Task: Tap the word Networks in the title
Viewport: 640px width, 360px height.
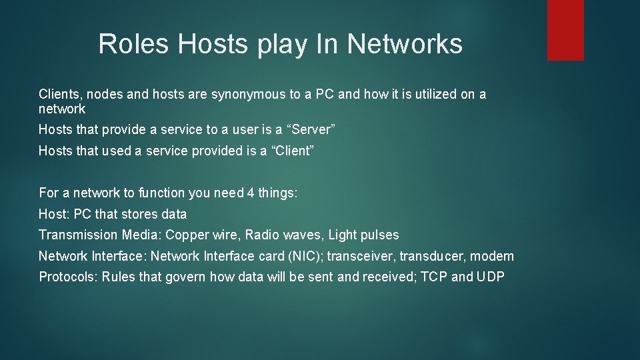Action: [x=405, y=44]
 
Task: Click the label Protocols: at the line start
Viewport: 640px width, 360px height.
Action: [x=68, y=277]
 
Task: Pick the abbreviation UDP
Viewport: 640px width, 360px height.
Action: [x=491, y=277]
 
